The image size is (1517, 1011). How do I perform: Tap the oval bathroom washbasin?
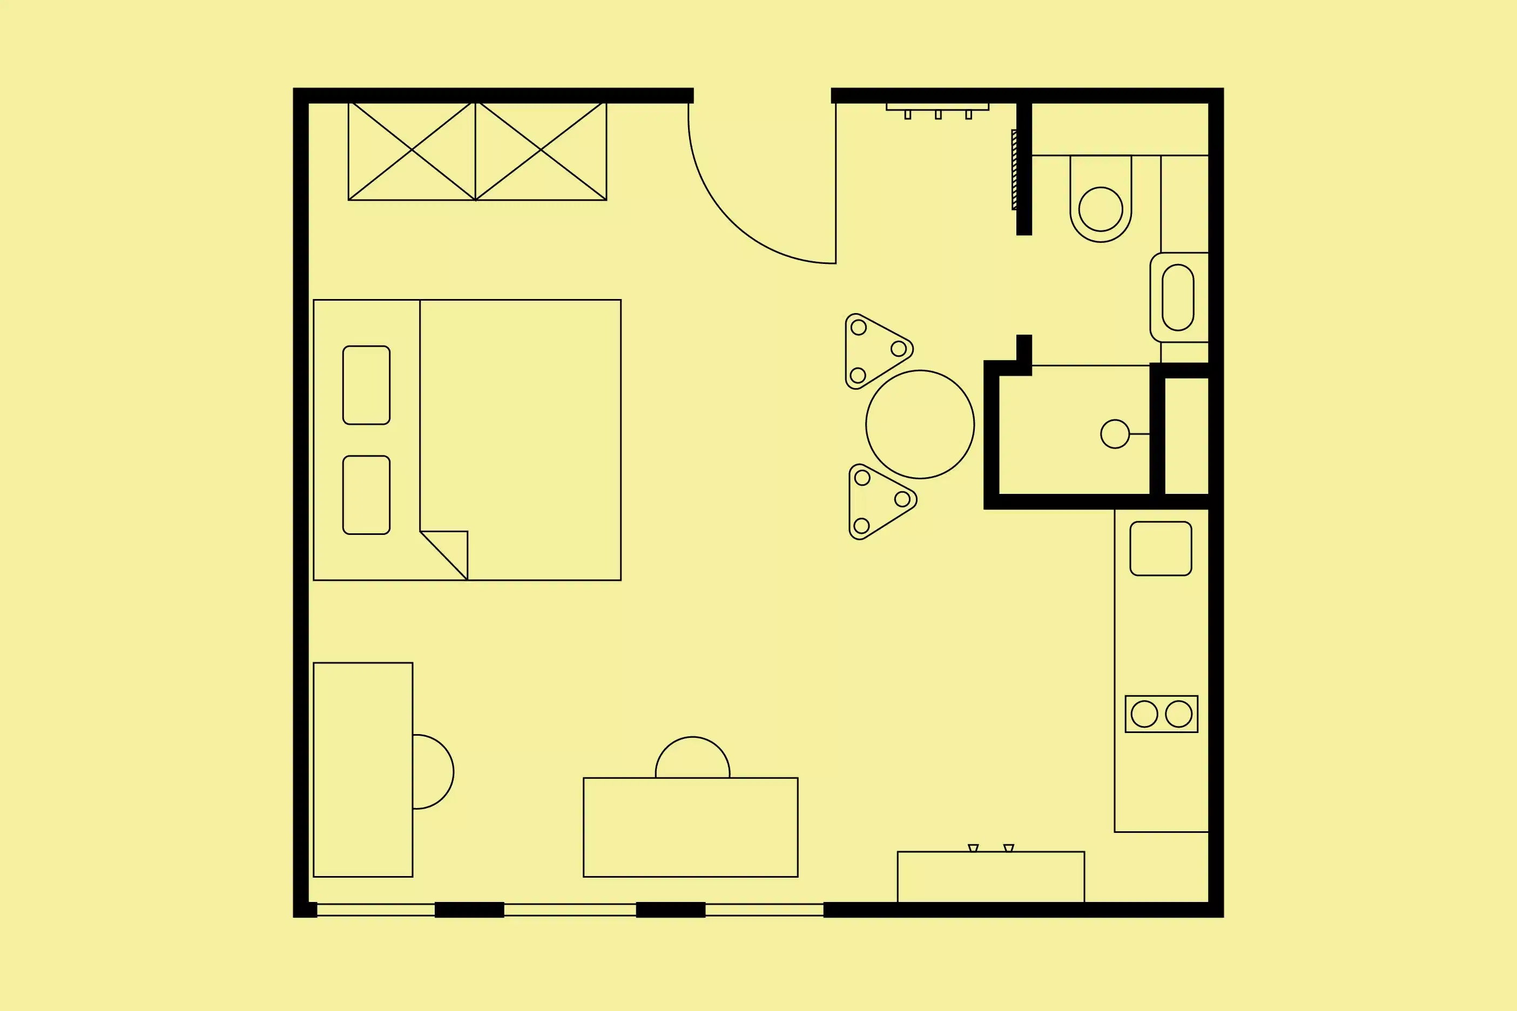tap(1178, 297)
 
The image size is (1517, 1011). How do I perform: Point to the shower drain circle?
tap(1115, 434)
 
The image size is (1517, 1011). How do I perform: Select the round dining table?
tap(920, 424)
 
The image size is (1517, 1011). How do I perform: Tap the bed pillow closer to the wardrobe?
tap(366, 385)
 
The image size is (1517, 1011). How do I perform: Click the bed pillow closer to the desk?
tap(366, 494)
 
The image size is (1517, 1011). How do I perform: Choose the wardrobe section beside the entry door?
tap(541, 150)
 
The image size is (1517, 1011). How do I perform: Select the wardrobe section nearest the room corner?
tap(412, 150)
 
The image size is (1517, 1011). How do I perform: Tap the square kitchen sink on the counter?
tap(1161, 548)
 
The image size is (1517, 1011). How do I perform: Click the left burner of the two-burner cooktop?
tap(1144, 714)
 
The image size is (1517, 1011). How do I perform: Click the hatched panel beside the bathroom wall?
tap(1014, 169)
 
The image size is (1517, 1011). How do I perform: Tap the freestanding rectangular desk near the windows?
tap(690, 827)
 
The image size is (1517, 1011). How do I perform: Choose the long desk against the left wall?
tap(362, 769)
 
